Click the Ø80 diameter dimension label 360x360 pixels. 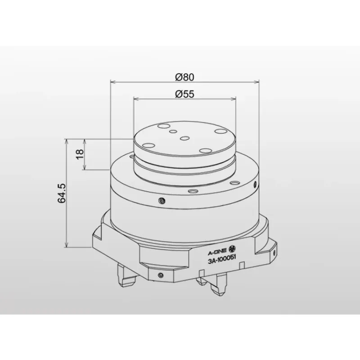click(184, 76)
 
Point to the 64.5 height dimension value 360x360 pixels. click(62, 193)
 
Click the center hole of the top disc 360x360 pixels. click(184, 139)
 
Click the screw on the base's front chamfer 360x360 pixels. click(161, 274)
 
